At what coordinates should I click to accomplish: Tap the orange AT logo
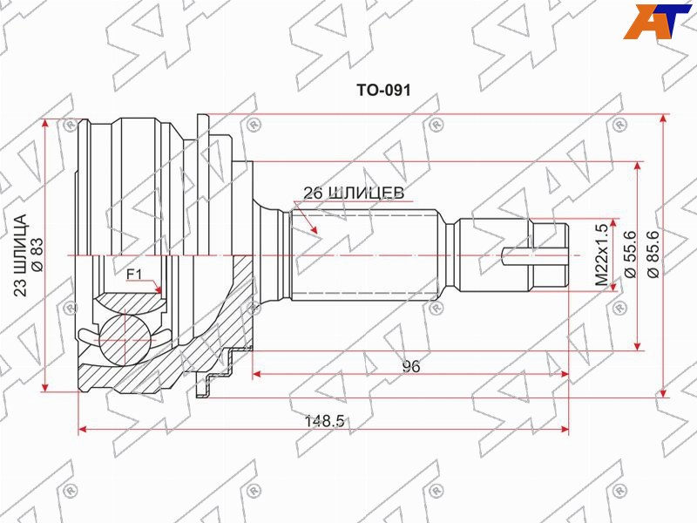[657, 21]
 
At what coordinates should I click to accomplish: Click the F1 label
[134, 275]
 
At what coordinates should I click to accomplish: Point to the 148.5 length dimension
[324, 421]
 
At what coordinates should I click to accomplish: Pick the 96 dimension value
[410, 366]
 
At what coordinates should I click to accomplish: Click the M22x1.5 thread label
[601, 255]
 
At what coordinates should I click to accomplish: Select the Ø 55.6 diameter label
[631, 255]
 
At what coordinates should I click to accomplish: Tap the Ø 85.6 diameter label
[654, 255]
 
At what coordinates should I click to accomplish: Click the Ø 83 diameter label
[37, 255]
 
